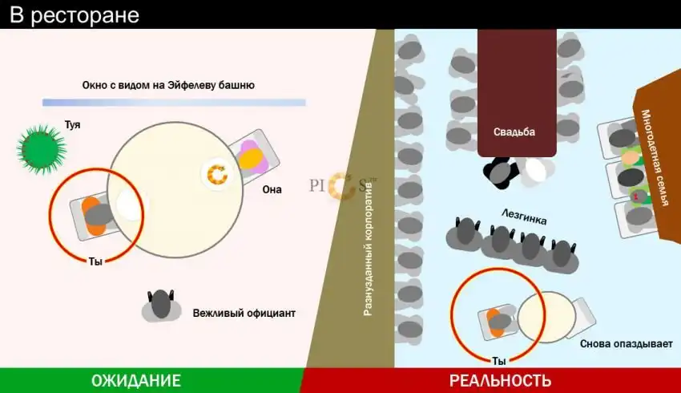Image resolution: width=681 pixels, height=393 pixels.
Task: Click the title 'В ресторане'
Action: pyautogui.click(x=75, y=15)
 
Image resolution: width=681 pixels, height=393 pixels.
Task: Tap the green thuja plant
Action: pyautogui.click(x=41, y=149)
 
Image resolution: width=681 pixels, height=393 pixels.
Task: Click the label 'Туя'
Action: pyautogui.click(x=73, y=125)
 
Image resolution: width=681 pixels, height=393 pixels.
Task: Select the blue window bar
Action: pyautogui.click(x=174, y=103)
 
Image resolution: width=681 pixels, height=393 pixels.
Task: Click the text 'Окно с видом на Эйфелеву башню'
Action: pyautogui.click(x=168, y=85)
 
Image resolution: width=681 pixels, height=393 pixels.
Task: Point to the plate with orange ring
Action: pyautogui.click(x=217, y=174)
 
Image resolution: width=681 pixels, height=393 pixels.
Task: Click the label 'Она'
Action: pyautogui.click(x=272, y=189)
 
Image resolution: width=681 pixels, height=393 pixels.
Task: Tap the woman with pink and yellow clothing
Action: pyautogui.click(x=252, y=156)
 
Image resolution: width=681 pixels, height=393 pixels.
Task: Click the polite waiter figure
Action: pyautogui.click(x=161, y=306)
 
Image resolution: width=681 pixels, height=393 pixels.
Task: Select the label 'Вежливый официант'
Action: pyautogui.click(x=244, y=313)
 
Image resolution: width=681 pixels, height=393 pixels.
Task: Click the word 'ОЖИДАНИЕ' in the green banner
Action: pyautogui.click(x=136, y=381)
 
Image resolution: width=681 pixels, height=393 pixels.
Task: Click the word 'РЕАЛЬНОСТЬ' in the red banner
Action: pyautogui.click(x=500, y=381)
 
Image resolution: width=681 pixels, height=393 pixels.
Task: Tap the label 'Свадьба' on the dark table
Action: pyautogui.click(x=514, y=132)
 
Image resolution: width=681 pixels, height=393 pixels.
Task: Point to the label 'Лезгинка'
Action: pyautogui.click(x=524, y=216)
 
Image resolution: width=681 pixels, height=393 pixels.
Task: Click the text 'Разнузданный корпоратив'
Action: pyautogui.click(x=368, y=249)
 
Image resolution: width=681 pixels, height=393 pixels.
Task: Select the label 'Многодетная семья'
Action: pyautogui.click(x=655, y=157)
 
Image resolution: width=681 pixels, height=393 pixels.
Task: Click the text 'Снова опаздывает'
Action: pyautogui.click(x=627, y=344)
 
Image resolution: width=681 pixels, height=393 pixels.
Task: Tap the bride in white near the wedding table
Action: pyautogui.click(x=535, y=170)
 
